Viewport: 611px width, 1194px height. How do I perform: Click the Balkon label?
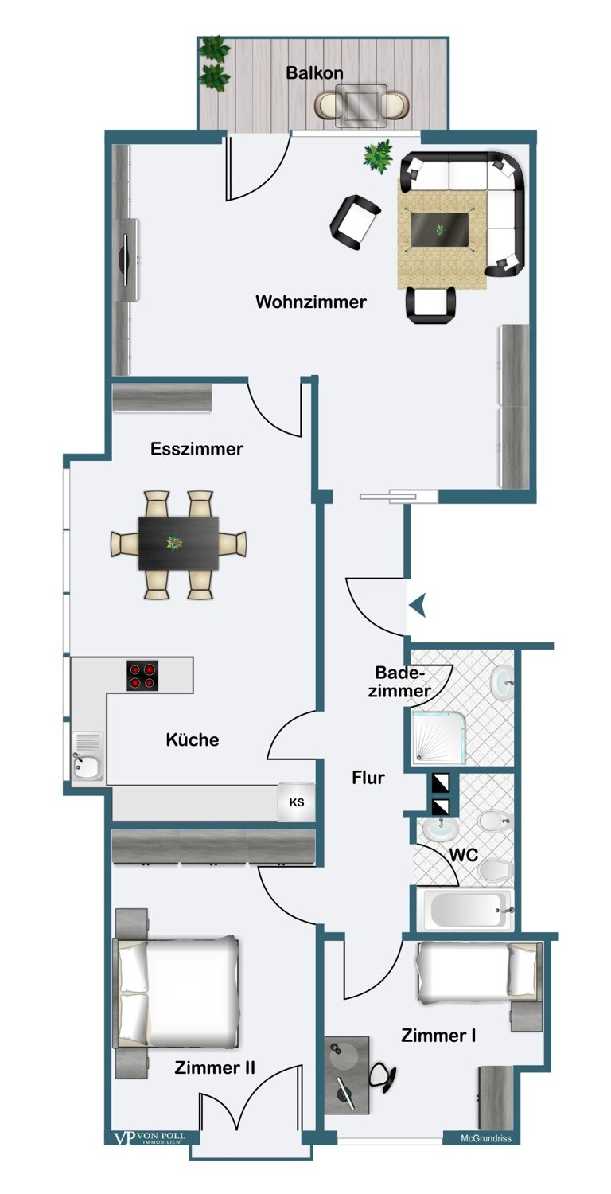(314, 72)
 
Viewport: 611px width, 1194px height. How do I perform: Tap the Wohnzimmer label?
(311, 302)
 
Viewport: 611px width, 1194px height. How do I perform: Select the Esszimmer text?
(197, 448)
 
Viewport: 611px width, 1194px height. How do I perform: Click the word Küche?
(193, 739)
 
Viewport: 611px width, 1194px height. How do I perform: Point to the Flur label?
(368, 778)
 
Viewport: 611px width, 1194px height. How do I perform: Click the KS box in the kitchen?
(297, 802)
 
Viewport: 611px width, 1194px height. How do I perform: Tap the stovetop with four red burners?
(142, 676)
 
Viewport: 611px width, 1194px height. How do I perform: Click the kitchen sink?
(88, 757)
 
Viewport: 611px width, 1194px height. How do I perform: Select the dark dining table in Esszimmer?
(178, 543)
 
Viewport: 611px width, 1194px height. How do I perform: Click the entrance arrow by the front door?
(418, 606)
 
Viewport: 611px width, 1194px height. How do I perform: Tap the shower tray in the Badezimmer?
(439, 737)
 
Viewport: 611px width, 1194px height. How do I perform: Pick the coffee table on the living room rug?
(439, 230)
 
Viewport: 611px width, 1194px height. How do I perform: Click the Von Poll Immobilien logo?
(150, 1137)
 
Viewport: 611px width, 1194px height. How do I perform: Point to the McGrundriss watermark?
(486, 1138)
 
